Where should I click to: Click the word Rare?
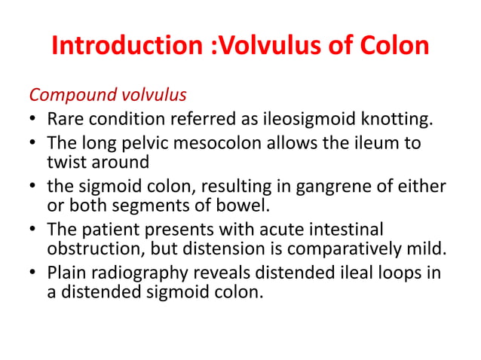coord(63,118)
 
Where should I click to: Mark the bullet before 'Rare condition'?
coord(34,119)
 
